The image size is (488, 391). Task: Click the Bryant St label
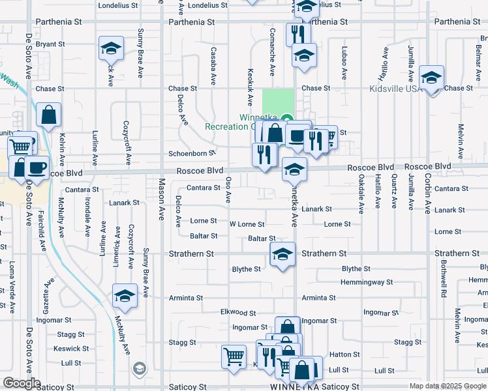50,44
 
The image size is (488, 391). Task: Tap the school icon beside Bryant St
112,49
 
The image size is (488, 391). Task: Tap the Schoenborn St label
192,154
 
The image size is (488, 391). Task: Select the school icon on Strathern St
282,255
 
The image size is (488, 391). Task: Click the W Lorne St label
247,224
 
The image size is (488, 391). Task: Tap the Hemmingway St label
367,282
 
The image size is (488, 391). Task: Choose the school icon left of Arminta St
125,297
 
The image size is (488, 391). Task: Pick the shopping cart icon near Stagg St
234,356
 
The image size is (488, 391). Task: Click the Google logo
22,383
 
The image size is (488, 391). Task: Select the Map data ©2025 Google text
448,386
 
